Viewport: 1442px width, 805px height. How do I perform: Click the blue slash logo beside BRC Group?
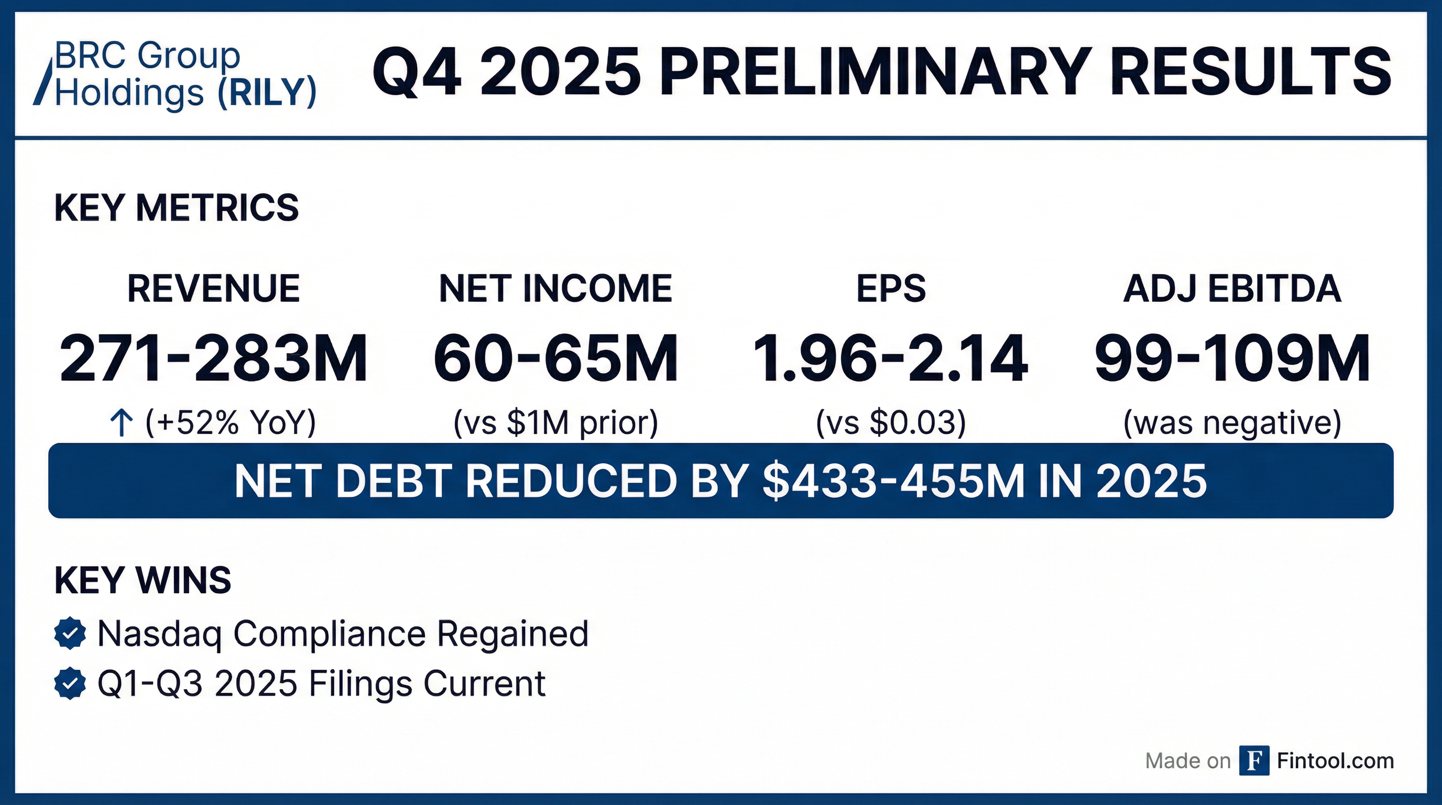point(42,81)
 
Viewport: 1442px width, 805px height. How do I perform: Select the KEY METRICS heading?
point(177,208)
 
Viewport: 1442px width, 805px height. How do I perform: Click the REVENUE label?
point(213,289)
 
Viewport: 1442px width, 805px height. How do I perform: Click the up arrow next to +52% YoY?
point(122,422)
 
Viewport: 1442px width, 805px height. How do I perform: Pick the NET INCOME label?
point(555,289)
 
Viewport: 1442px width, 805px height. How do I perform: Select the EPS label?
point(891,289)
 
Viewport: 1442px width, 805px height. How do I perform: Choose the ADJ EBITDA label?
point(1232,289)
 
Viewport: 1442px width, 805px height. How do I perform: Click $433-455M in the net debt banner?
point(893,481)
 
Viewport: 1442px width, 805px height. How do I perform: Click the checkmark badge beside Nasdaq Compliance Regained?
point(70,634)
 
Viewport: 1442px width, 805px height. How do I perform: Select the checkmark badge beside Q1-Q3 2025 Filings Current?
point(70,683)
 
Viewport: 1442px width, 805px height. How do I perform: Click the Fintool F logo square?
point(1254,761)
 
